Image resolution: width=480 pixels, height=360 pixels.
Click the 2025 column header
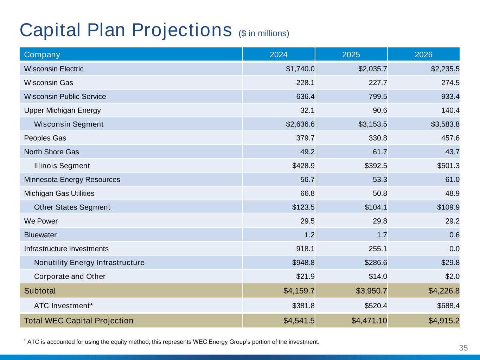351,54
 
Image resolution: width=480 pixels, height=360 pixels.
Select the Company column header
42,54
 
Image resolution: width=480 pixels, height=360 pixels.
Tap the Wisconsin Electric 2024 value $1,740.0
300,69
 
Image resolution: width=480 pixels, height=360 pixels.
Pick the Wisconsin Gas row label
49,83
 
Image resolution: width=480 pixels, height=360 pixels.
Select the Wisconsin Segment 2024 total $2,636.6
300,124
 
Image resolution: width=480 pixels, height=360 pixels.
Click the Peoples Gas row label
45,138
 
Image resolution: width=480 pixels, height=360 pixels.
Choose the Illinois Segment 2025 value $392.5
376,166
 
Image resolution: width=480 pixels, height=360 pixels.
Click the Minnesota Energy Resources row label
72,180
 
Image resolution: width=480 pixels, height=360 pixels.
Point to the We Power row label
41,221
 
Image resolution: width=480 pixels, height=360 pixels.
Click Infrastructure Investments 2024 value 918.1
305,249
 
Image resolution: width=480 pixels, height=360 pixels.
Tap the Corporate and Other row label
70,276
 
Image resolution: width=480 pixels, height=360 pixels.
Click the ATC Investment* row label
63,306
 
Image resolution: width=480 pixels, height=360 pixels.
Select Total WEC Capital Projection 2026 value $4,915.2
444,321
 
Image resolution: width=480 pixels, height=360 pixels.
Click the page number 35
463,348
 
